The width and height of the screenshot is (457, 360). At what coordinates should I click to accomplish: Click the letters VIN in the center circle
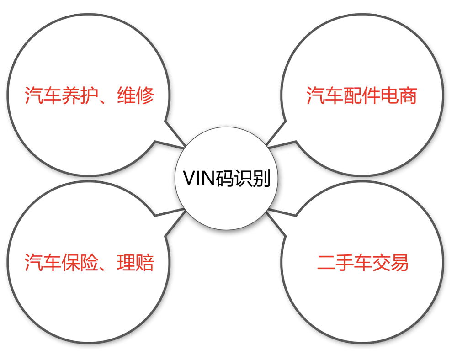click(196, 178)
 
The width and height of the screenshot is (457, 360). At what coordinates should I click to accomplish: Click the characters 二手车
click(345, 263)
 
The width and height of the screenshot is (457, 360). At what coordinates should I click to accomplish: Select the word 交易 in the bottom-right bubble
click(390, 263)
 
